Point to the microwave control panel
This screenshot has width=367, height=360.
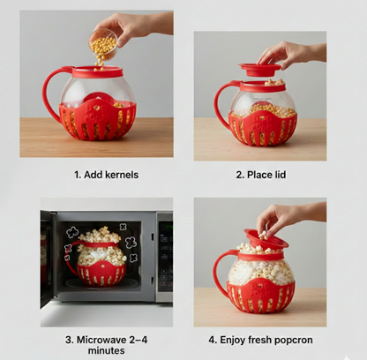coord(164,256)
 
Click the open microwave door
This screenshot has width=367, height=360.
coord(47,256)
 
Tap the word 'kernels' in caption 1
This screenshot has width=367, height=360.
coord(118,175)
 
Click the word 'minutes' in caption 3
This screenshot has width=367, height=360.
coord(99,350)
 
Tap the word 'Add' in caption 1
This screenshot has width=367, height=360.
coord(86,175)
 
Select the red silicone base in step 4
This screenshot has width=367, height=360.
coord(260,296)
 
